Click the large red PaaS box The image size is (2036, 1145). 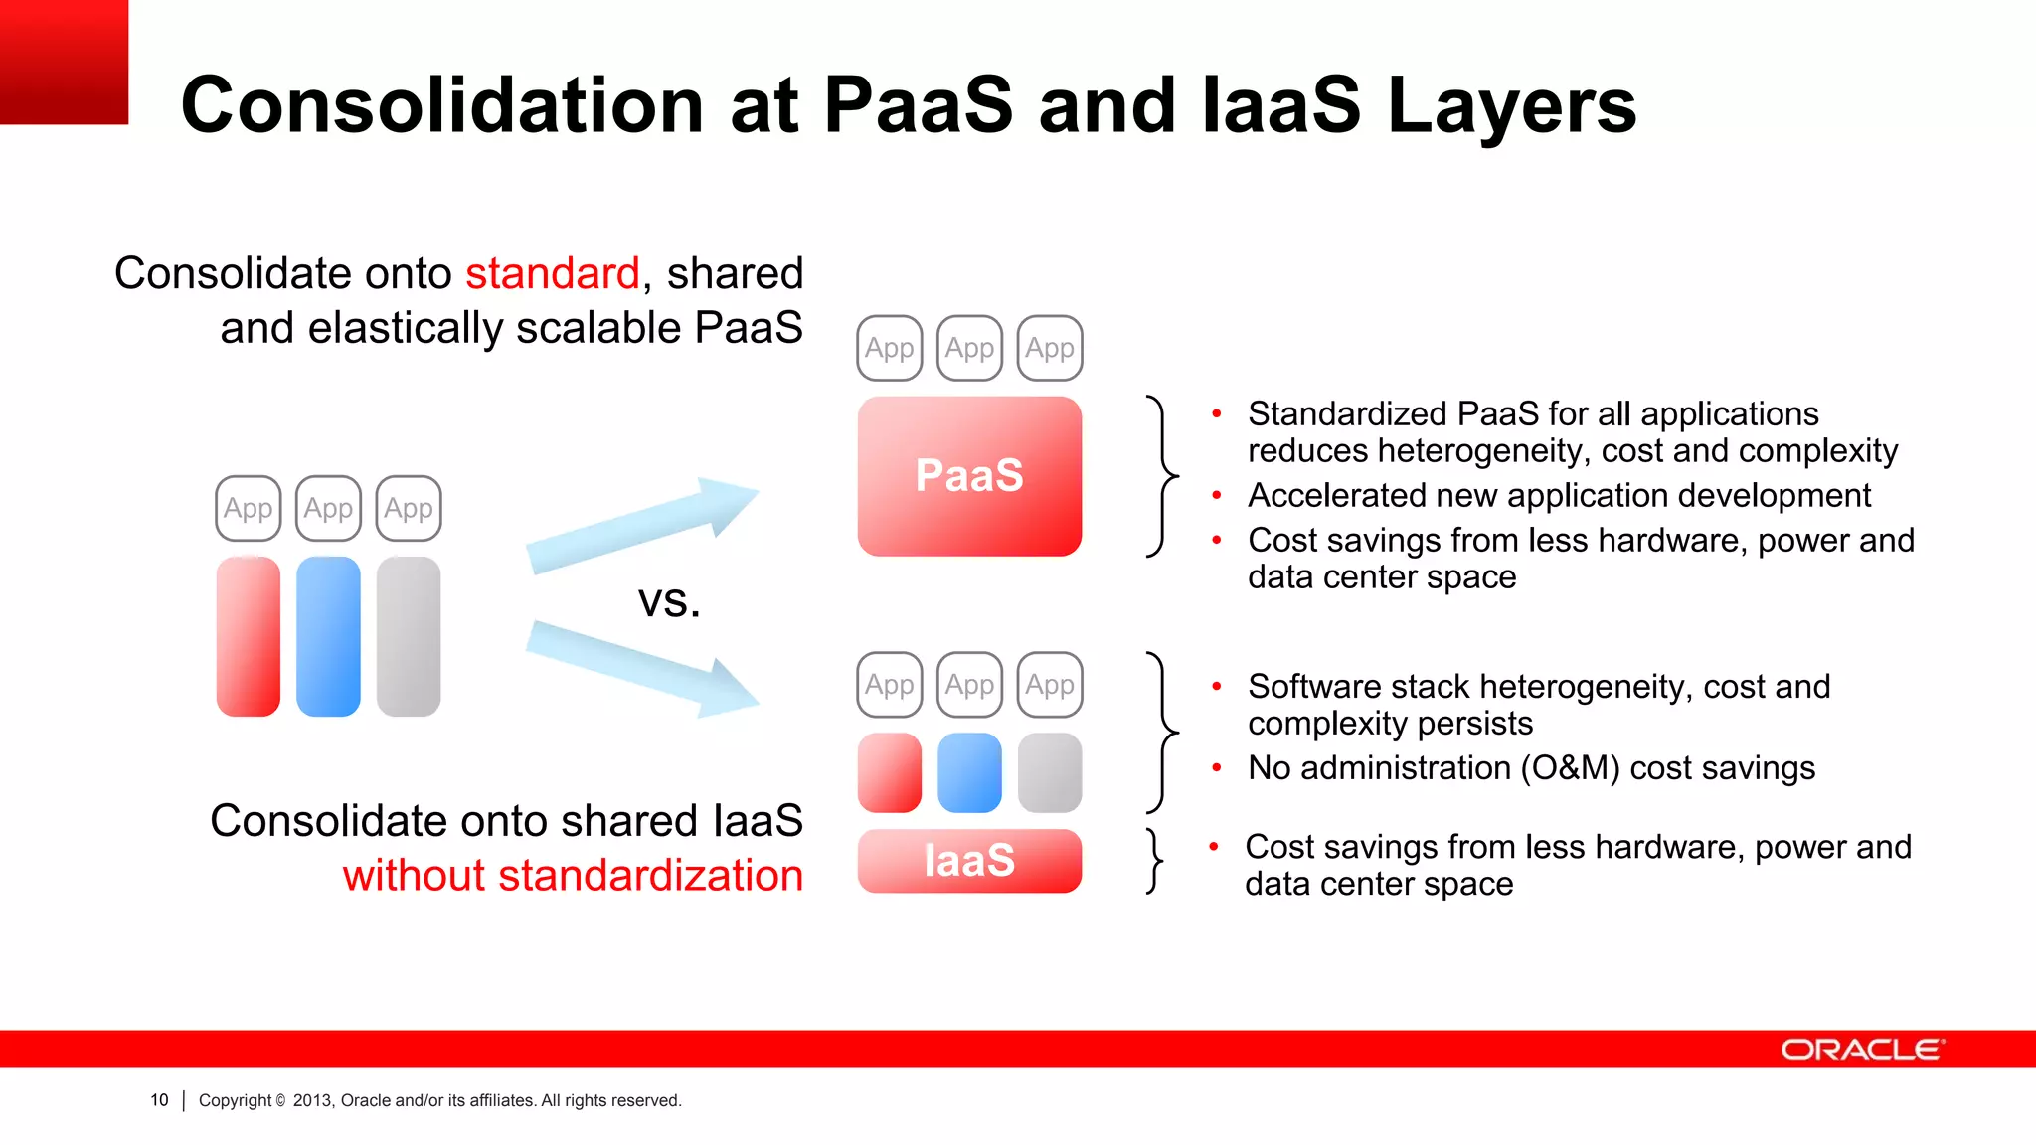click(969, 476)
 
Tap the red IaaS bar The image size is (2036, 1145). click(969, 861)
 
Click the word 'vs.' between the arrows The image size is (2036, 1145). click(669, 601)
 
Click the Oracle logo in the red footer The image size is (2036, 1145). click(1861, 1050)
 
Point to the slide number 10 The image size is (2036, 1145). click(159, 1100)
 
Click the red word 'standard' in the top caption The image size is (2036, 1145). click(553, 273)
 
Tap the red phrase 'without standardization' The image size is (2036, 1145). click(573, 876)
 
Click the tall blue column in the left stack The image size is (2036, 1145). click(328, 636)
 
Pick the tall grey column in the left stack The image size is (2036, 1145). click(409, 636)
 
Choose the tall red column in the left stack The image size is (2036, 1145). click(249, 636)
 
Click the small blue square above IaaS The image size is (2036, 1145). click(969, 773)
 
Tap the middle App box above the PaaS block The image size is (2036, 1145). click(969, 348)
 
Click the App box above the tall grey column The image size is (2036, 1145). click(409, 509)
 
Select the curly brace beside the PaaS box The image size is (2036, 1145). click(1160, 476)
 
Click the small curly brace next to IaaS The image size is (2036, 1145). click(1154, 861)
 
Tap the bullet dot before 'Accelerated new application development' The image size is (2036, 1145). click(1216, 495)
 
